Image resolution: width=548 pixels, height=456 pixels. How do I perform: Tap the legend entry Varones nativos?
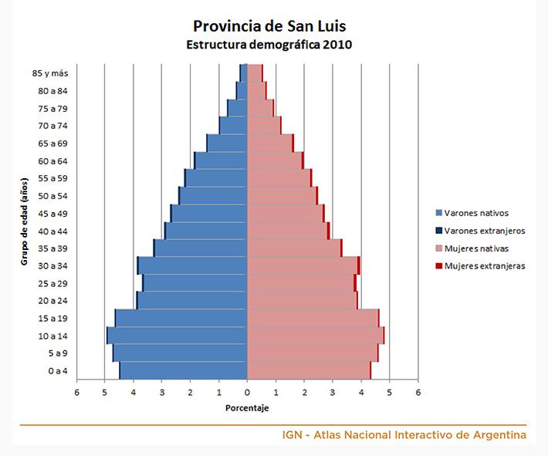click(x=477, y=213)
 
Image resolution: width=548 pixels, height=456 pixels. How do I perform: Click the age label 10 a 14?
click(x=52, y=336)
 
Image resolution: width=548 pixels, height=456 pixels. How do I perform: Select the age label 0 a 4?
click(x=57, y=371)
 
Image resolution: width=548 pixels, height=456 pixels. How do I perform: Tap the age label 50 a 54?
click(x=52, y=196)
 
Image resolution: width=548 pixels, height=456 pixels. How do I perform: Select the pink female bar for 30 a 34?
click(x=302, y=265)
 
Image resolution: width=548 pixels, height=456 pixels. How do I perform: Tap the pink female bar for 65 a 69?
click(x=269, y=143)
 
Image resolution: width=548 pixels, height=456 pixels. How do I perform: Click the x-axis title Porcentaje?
click(x=247, y=407)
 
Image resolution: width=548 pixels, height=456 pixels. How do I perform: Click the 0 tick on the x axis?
click(x=247, y=393)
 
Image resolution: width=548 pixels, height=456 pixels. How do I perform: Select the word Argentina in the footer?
click(x=501, y=435)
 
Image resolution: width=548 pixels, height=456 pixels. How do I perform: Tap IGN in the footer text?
click(x=293, y=435)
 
